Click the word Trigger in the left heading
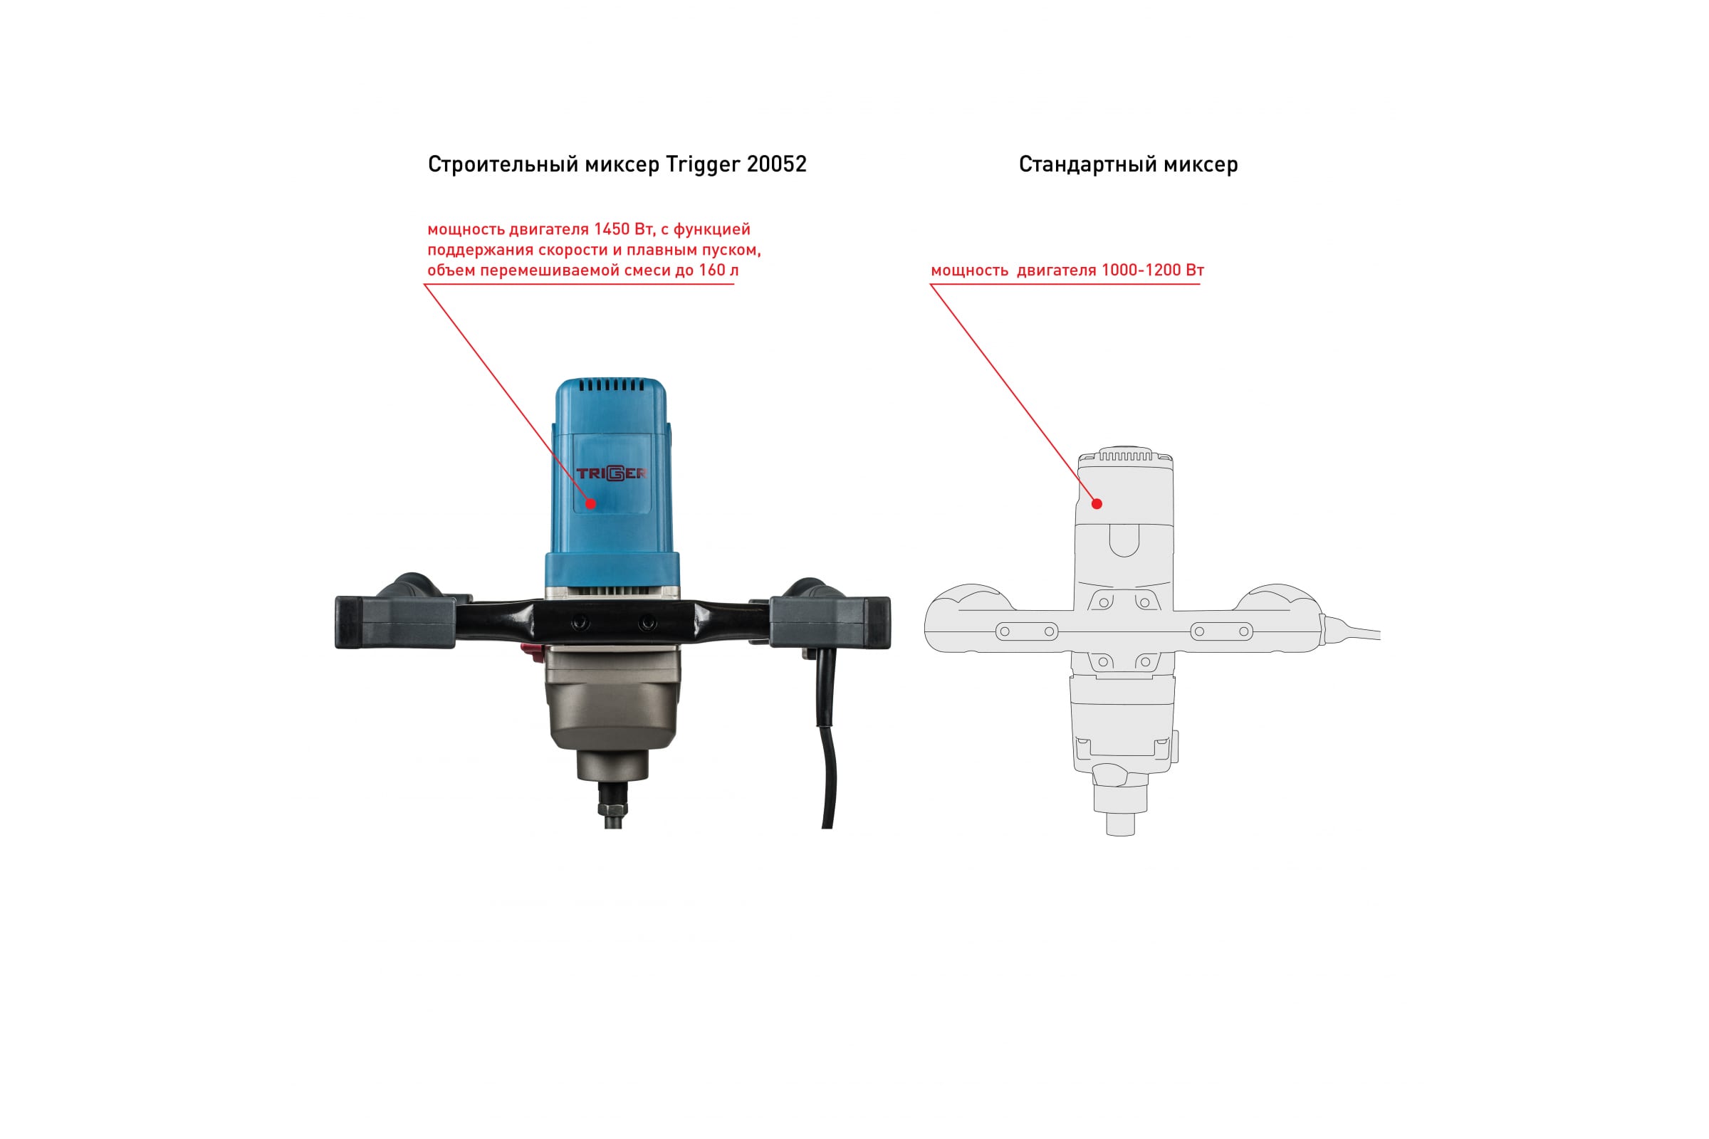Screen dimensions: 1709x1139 click(x=703, y=165)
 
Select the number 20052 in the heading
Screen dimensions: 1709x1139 click(x=776, y=164)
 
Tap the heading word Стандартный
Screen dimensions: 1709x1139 click(x=1087, y=165)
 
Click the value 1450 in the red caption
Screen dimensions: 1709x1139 click(x=611, y=229)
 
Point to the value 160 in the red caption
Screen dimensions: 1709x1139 click(x=711, y=271)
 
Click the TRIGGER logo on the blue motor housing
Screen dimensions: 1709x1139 click(x=611, y=473)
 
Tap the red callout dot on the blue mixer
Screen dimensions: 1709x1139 click(x=591, y=503)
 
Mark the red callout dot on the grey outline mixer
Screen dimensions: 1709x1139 click(x=1097, y=503)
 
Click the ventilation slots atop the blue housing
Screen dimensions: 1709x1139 click(x=611, y=386)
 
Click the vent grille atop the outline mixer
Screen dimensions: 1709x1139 click(x=1125, y=456)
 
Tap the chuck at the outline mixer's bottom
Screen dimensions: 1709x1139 click(x=1120, y=824)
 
